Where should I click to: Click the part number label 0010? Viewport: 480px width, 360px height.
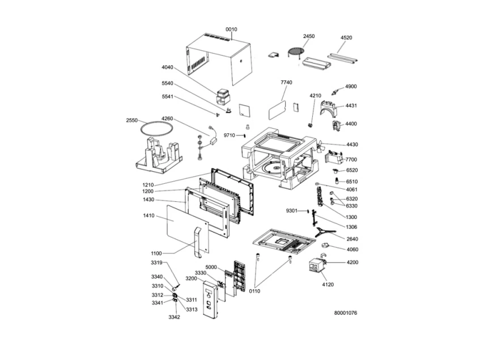231,29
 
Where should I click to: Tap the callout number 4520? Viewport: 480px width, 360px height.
346,37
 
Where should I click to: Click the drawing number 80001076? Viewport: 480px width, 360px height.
346,313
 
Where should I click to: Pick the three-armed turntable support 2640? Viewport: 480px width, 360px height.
324,232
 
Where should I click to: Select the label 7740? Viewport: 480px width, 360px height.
286,82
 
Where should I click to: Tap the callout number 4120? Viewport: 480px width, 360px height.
328,285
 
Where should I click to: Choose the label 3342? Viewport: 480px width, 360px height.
174,317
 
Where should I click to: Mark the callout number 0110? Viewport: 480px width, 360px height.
254,291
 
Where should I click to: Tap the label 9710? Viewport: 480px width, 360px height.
230,135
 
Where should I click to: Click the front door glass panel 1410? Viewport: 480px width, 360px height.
188,229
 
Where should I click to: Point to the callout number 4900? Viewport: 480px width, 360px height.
351,87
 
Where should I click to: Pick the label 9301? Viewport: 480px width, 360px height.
292,210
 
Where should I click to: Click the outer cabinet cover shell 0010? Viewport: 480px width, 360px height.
219,59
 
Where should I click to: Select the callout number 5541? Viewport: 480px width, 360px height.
167,97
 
